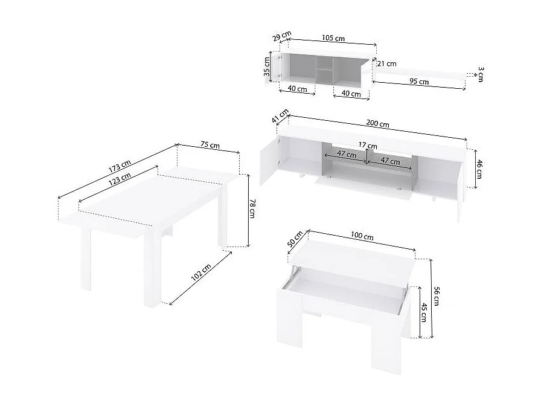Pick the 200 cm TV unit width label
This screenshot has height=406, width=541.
377,124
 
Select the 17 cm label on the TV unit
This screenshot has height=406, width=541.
367,146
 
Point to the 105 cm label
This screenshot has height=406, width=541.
333,39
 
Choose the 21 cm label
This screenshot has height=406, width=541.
387,63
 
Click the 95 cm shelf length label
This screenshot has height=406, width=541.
419,82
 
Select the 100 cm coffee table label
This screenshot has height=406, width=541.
362,236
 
